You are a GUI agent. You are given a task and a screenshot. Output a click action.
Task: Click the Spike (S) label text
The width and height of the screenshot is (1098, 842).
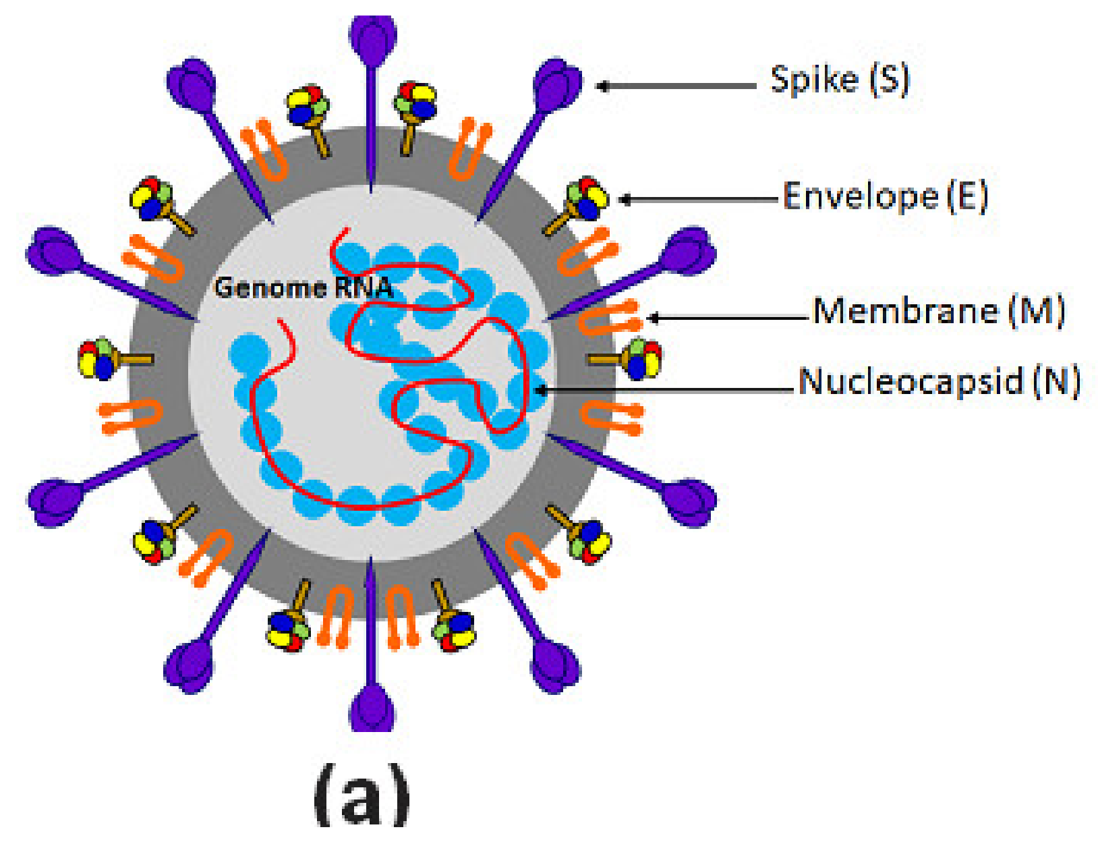coord(840,80)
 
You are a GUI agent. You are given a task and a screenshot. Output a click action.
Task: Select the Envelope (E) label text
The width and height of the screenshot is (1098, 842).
coord(885,197)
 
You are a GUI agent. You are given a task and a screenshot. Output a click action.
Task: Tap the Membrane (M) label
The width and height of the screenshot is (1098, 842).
coord(938,312)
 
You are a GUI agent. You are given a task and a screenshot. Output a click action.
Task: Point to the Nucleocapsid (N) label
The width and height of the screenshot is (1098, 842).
coord(939,381)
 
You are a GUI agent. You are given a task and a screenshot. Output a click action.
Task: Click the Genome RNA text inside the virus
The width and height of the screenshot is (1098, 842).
coord(303,288)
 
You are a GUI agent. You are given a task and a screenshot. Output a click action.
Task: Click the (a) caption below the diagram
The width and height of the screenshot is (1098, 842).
coord(362,795)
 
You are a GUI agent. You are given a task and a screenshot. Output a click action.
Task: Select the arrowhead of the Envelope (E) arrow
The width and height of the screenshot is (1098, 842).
coord(625,199)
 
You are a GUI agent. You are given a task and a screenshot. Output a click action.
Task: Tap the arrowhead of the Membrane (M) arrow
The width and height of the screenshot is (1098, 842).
coord(653,318)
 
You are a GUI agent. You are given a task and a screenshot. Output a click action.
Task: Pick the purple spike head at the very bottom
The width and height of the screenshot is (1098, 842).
coord(372,708)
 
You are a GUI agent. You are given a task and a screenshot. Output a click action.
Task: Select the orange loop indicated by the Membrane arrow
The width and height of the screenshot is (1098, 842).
coord(607,318)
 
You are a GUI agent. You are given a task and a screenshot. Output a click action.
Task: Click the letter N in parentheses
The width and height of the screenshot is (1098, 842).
coord(1057,381)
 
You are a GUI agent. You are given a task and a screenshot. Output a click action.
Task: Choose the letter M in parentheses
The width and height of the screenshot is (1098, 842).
coord(1037,312)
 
